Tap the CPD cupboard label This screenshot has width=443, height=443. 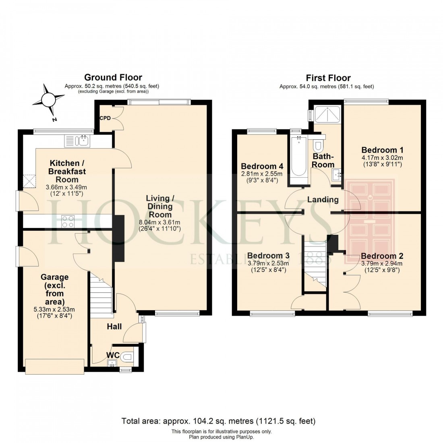106,118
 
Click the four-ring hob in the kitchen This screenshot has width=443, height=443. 68,221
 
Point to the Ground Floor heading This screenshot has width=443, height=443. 113,77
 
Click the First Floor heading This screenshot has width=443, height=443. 328,78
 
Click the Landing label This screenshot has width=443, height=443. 323,199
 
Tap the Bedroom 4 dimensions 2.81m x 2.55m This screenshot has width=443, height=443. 262,174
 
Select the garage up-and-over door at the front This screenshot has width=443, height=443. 54,365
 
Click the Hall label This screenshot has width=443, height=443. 114,327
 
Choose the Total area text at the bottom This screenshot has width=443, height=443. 218,421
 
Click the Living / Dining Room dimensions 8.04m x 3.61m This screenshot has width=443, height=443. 159,222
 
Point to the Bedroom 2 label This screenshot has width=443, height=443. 382,256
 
